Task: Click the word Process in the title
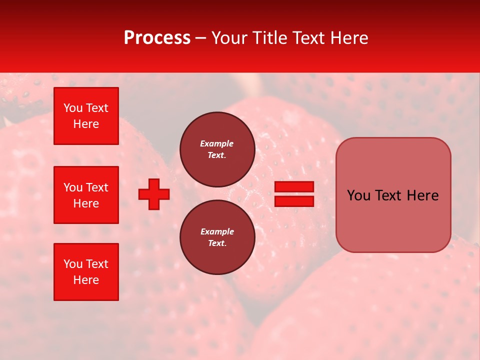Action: click(157, 38)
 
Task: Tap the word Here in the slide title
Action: click(348, 38)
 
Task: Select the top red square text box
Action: click(86, 116)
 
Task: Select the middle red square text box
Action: click(86, 195)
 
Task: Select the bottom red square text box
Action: click(86, 272)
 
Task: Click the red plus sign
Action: click(154, 194)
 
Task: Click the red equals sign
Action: click(294, 194)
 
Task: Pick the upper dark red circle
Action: click(217, 149)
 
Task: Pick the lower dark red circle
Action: click(217, 237)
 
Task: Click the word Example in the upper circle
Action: click(216, 143)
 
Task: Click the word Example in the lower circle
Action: click(217, 231)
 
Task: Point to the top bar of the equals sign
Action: click(294, 187)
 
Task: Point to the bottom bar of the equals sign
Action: click(294, 201)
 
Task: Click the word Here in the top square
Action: click(86, 124)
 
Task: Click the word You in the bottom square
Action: click(73, 264)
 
